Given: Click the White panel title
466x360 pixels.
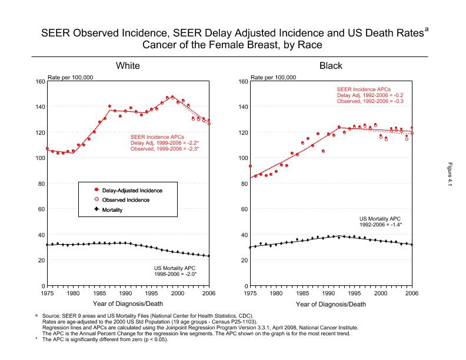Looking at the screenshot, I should (x=127, y=65).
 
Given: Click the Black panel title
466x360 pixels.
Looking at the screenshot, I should (x=331, y=65).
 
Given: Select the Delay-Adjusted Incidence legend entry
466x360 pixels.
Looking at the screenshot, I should (x=132, y=191).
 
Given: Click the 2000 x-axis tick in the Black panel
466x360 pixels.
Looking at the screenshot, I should (x=381, y=292).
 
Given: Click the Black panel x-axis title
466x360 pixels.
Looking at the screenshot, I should (x=331, y=304).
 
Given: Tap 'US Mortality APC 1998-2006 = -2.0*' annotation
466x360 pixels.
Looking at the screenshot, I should (x=171, y=271).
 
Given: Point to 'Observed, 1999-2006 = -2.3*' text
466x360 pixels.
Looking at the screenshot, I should (x=165, y=149).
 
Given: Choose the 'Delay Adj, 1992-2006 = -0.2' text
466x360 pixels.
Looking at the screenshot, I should (x=370, y=95).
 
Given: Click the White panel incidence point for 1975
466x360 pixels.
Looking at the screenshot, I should (x=47, y=149).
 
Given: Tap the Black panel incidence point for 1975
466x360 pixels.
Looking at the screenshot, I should (x=251, y=166).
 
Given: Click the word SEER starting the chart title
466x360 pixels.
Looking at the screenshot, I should (x=55, y=33).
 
